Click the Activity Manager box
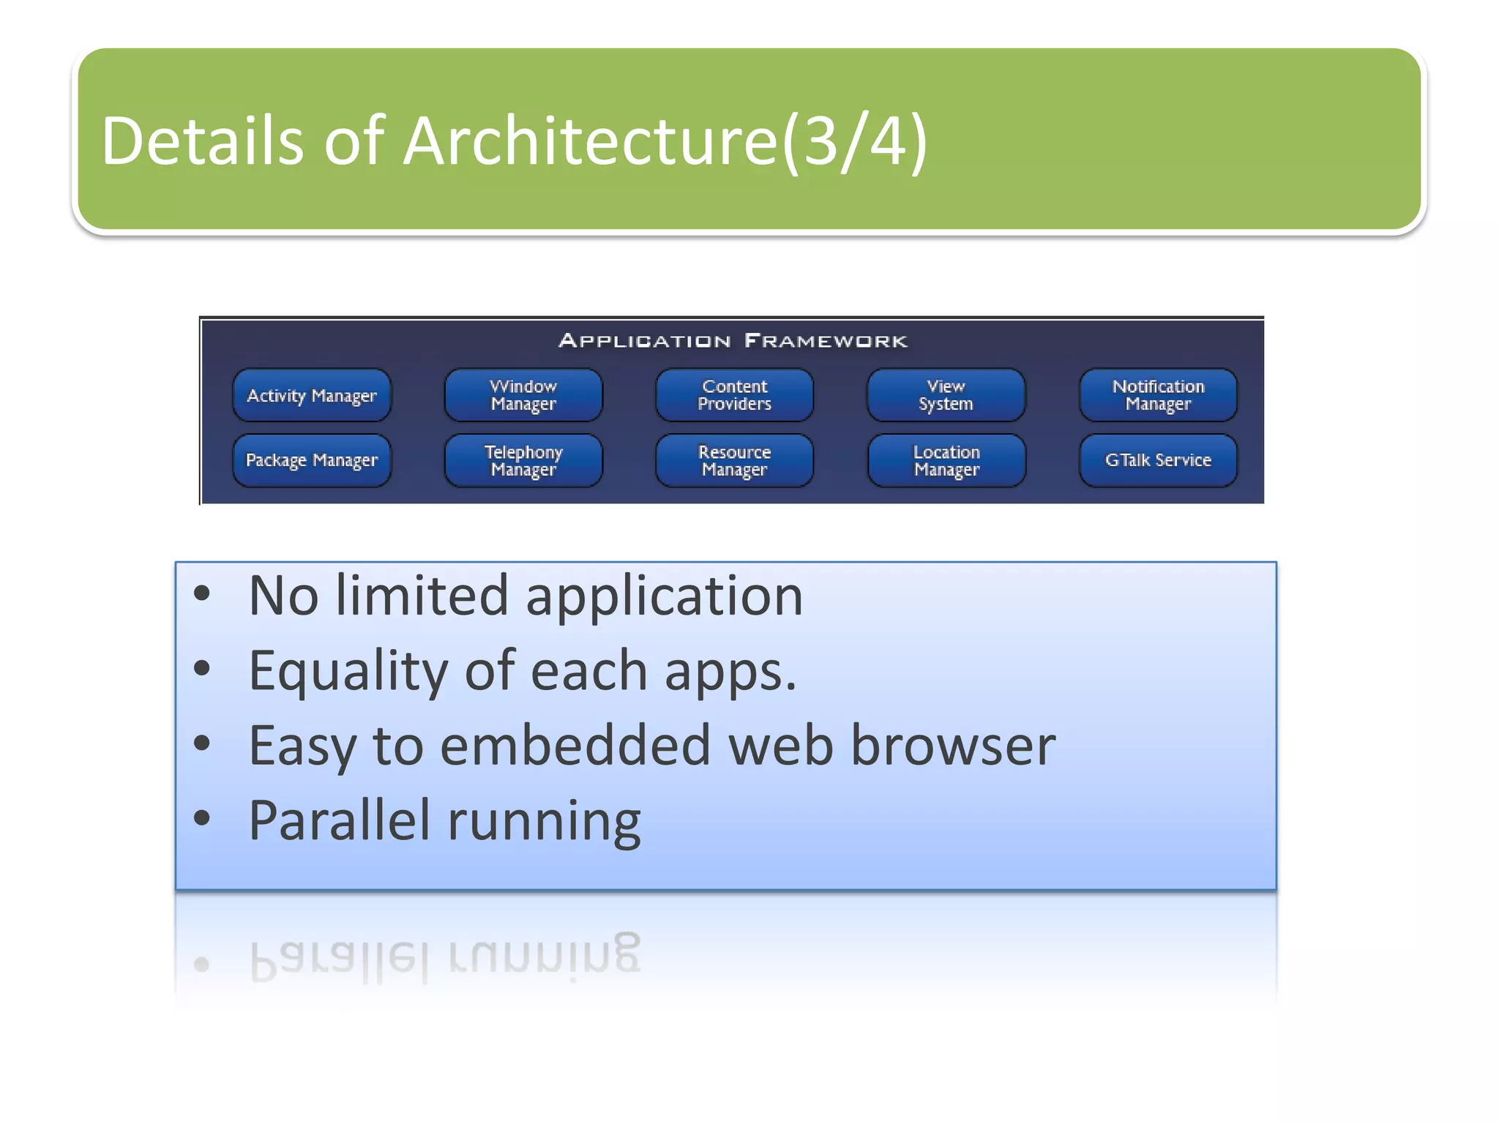[312, 395]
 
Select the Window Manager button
[523, 395]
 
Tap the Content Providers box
[734, 395]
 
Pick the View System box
[946, 395]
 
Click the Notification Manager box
[1158, 395]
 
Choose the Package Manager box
[312, 460]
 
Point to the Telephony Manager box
[523, 460]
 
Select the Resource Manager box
[734, 460]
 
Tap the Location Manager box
[946, 460]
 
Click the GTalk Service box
[1158, 460]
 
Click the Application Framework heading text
[733, 341]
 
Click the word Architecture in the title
[589, 140]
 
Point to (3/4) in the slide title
[855, 140]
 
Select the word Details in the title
[202, 140]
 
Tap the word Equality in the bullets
[348, 672]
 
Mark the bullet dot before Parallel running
[202, 817]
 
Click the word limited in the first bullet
[422, 596]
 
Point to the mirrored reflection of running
[544, 954]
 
